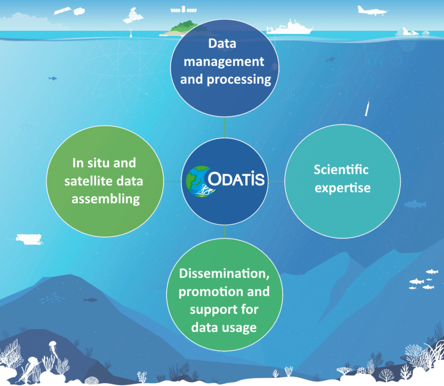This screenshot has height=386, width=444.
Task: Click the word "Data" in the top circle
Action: point(222,43)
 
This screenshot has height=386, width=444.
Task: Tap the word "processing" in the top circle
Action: point(239,80)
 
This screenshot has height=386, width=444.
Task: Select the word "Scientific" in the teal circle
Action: point(341,170)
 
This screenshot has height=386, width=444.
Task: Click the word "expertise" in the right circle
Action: point(343,188)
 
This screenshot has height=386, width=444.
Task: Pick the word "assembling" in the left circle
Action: point(106,199)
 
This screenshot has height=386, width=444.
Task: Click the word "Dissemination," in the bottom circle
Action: point(224,274)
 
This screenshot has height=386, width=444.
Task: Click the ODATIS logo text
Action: point(236,179)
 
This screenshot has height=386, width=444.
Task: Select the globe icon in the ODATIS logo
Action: point(199,182)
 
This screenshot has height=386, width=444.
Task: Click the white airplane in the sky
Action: point(372,11)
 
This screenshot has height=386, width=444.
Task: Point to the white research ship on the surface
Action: point(290,27)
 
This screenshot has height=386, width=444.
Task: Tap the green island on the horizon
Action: point(181,28)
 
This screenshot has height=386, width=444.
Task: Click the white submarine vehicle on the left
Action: point(29,239)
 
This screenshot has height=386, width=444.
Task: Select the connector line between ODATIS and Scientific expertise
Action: point(276,182)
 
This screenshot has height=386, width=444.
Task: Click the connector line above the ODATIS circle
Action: point(225,128)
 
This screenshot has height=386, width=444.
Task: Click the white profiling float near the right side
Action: point(367,107)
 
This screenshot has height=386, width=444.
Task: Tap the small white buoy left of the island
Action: point(131,34)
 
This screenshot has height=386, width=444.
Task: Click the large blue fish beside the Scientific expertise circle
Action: point(415,204)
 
